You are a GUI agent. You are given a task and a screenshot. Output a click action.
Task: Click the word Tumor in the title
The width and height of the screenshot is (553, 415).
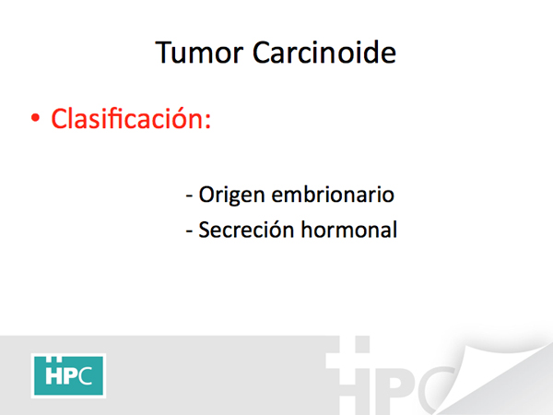pos(199,53)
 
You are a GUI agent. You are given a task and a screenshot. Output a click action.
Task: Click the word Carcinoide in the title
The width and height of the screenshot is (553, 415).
pos(324,53)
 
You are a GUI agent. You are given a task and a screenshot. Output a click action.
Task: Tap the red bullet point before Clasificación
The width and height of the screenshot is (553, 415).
pos(35,118)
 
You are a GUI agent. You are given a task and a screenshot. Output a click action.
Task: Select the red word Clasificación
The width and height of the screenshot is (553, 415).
pos(126,117)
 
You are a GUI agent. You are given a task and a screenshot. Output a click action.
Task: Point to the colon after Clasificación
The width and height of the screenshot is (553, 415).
pos(207,122)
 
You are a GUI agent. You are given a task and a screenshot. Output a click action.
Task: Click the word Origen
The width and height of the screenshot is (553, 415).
pos(231,196)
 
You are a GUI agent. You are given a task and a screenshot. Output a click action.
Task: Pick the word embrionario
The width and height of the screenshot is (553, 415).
pos(333,194)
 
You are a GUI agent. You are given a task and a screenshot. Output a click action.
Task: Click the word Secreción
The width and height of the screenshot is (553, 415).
pos(246,230)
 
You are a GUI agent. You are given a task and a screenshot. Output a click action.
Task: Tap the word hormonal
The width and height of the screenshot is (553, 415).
pos(348,230)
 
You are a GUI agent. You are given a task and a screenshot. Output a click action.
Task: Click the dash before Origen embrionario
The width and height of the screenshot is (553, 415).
pos(189,196)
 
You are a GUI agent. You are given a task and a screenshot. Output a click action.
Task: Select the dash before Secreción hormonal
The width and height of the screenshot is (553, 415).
pos(189,231)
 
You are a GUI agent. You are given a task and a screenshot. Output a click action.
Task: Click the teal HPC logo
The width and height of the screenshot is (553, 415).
pos(68,375)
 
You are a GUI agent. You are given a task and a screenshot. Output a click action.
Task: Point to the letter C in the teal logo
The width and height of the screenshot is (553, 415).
pos(85,375)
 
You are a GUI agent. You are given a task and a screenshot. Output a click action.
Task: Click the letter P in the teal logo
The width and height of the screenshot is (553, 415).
pos(70,375)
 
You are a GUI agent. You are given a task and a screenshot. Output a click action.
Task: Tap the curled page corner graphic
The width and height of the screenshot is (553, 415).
pos(500,374)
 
